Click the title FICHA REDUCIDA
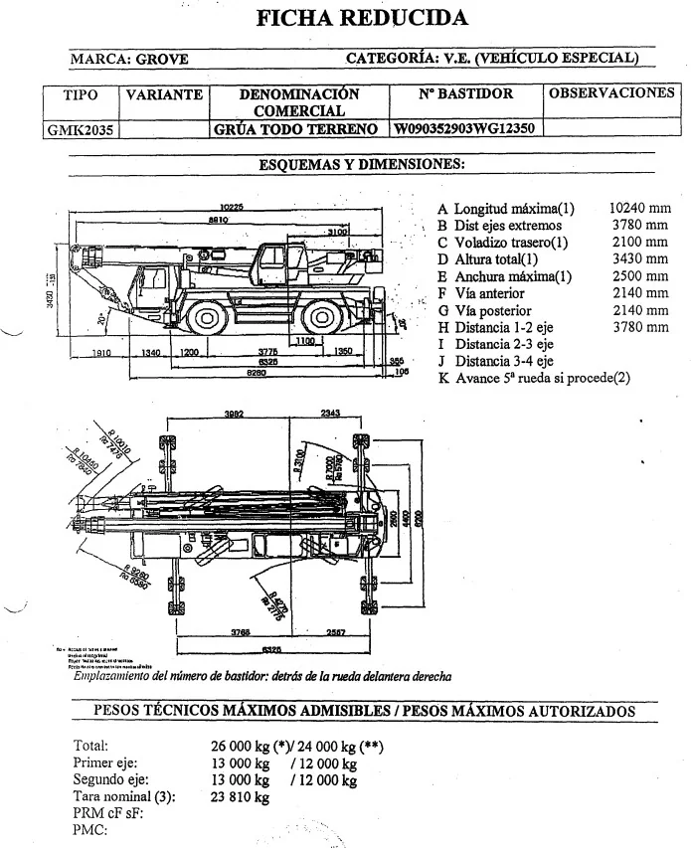pos(362,18)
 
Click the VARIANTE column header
pos(163,95)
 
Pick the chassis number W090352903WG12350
pos(465,129)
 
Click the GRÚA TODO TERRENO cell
pos(296,129)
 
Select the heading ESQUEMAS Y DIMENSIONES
pos(362,164)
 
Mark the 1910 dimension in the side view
pos(100,352)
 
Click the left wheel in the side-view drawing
pos(207,318)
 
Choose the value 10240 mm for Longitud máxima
pos(640,209)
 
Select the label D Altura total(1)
pos(494,259)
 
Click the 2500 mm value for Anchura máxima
pos(643,276)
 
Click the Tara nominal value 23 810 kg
pos(241,797)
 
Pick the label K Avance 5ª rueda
pos(533,378)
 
